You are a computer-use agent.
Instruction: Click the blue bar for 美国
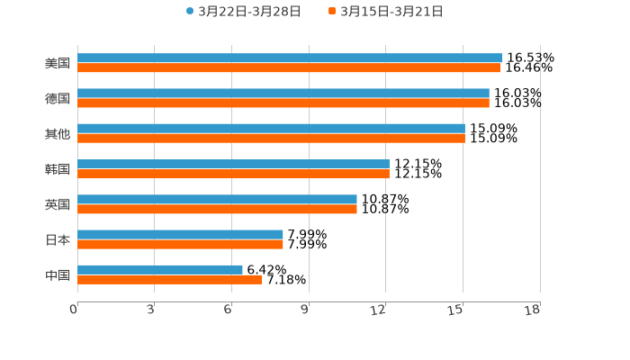point(290,58)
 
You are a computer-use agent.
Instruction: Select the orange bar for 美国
point(289,67)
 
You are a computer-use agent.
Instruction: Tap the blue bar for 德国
point(283,93)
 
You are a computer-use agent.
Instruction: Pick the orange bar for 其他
point(271,138)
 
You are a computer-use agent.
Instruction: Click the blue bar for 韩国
point(233,164)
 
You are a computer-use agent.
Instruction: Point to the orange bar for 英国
point(217,209)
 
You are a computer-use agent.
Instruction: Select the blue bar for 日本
point(180,234)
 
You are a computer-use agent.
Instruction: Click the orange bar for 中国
point(170,279)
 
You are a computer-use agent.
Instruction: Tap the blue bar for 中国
point(160,269)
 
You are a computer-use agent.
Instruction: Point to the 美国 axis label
point(58,63)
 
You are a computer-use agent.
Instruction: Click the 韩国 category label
point(58,169)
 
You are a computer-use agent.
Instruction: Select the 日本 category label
point(58,239)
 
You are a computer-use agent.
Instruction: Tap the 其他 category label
point(58,134)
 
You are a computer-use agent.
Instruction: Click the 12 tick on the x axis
point(380,310)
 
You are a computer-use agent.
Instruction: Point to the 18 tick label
point(533,310)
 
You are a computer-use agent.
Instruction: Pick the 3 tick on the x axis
point(151,310)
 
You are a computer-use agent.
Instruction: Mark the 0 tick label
point(74,310)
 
